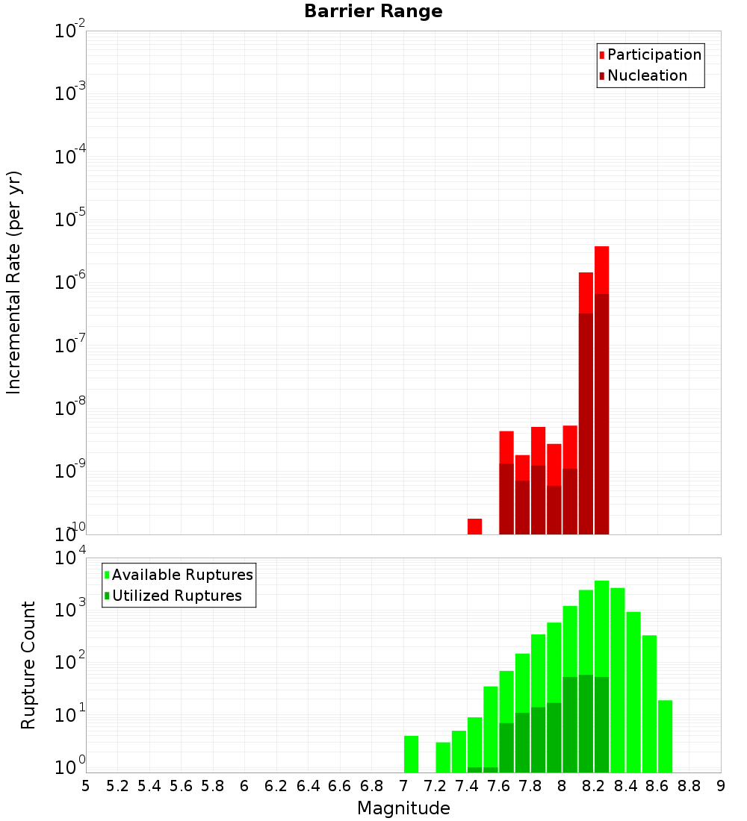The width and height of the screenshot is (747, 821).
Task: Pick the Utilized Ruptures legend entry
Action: [x=176, y=596]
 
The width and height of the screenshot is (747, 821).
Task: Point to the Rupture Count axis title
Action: [x=28, y=664]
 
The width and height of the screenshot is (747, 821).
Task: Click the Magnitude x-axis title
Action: [x=403, y=808]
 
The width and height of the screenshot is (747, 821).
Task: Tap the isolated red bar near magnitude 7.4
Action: [x=474, y=526]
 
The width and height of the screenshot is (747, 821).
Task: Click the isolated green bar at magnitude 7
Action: [x=411, y=754]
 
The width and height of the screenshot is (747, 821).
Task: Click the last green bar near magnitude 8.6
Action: [x=665, y=735]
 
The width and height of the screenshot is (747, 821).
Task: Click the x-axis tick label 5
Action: [x=86, y=786]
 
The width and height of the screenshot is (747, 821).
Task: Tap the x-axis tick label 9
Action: [x=721, y=786]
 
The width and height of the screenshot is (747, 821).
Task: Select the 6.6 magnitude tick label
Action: [x=340, y=786]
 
